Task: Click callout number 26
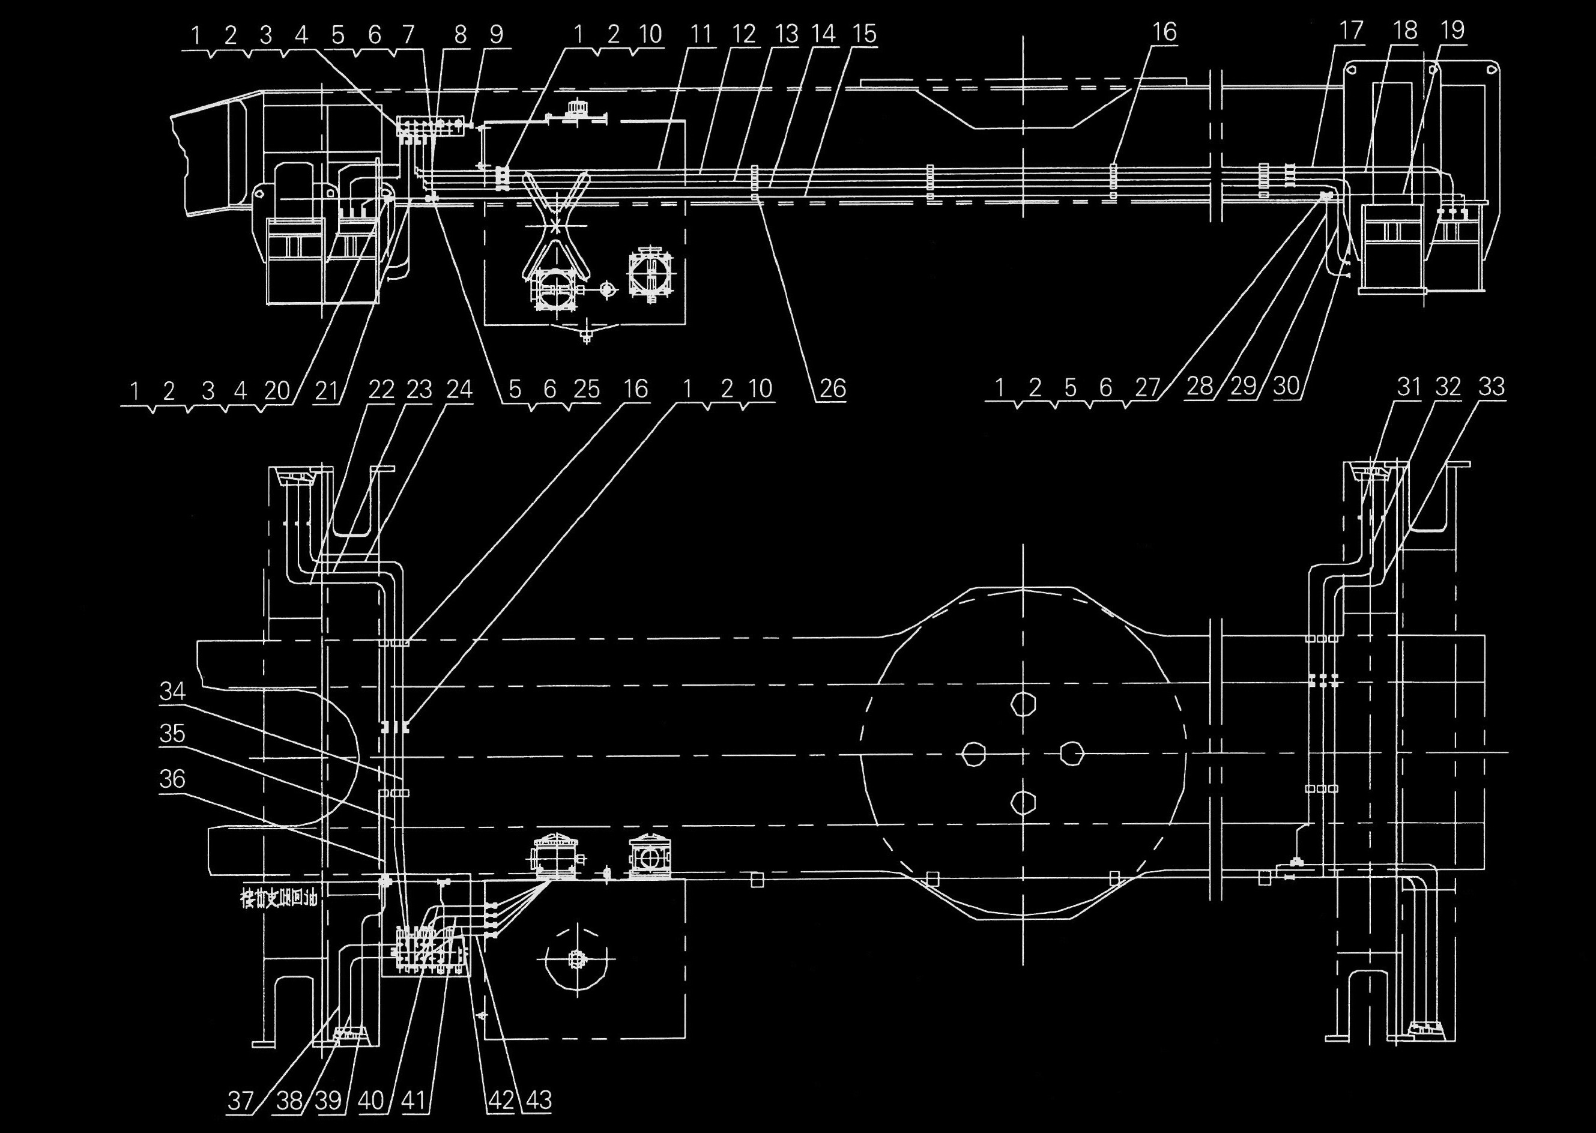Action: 832,388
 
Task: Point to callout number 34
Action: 172,691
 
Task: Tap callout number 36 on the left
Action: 172,779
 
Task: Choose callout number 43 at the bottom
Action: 538,1100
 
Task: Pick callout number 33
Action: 1492,387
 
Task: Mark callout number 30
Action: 1286,387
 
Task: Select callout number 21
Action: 326,391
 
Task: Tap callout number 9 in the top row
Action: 497,34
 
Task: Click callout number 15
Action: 865,34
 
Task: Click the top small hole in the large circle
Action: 1023,705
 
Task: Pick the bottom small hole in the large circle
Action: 1023,803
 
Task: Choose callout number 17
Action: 1351,31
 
